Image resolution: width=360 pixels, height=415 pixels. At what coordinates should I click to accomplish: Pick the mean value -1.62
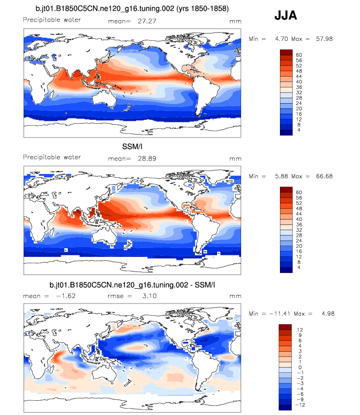pos(65,296)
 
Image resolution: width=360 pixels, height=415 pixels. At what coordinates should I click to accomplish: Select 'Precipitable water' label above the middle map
pos(52,157)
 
